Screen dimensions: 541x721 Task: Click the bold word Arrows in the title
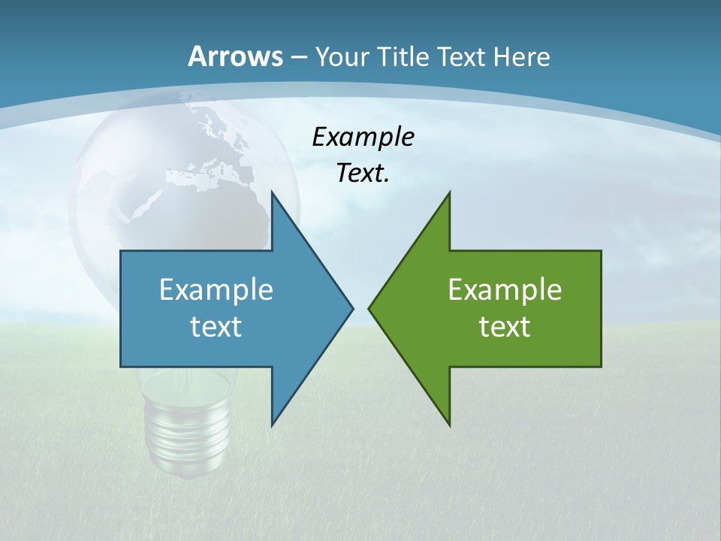235,56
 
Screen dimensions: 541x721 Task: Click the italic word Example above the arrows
363,138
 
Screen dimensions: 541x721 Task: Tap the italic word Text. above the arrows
363,174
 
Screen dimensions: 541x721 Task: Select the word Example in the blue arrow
216,290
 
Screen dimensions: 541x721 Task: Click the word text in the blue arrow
216,326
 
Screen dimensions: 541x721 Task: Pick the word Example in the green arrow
505,290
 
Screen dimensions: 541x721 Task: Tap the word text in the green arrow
505,326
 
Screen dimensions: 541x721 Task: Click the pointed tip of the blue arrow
351,308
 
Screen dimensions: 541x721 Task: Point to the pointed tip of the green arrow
370,308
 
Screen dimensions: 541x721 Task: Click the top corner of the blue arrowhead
272,192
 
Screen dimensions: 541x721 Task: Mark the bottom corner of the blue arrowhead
272,425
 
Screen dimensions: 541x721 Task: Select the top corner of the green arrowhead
449,192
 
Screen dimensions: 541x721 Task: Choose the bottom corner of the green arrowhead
449,425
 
